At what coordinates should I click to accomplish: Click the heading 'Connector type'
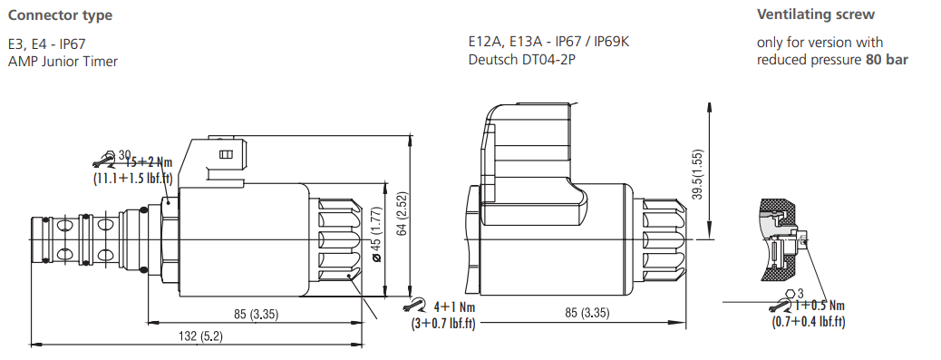pos(60,15)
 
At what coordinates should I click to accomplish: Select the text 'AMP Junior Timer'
pos(63,61)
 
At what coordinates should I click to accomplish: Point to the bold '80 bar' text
pos(889,60)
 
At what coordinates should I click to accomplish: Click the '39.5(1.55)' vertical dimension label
pos(698,174)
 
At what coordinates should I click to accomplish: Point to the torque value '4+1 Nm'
pos(454,306)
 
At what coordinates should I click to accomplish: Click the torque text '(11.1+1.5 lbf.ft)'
pos(133,179)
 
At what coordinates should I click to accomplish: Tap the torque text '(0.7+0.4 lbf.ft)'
pos(809,321)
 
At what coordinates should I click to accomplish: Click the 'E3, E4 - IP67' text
pos(47,44)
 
